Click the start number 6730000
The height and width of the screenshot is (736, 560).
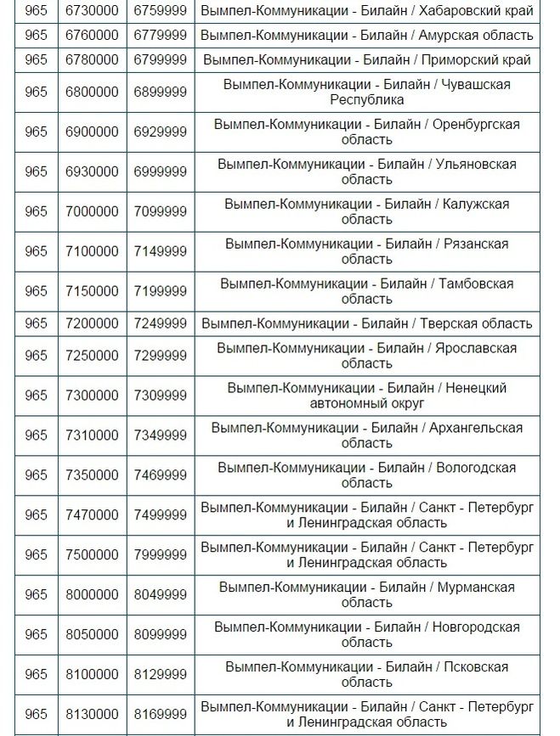(92, 12)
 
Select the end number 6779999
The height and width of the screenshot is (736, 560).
(160, 36)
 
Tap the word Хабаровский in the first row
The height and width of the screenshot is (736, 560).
(456, 12)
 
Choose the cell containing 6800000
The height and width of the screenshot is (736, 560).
(92, 92)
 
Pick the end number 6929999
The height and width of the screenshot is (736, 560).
(160, 132)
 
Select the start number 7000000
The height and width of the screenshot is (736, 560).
(92, 211)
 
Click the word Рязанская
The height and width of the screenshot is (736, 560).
(476, 244)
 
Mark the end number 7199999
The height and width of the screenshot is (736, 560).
(160, 291)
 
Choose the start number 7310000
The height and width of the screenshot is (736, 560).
(92, 435)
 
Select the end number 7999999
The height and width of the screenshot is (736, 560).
(160, 555)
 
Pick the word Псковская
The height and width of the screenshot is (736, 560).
(476, 667)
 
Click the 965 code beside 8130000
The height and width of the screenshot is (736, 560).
(36, 715)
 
